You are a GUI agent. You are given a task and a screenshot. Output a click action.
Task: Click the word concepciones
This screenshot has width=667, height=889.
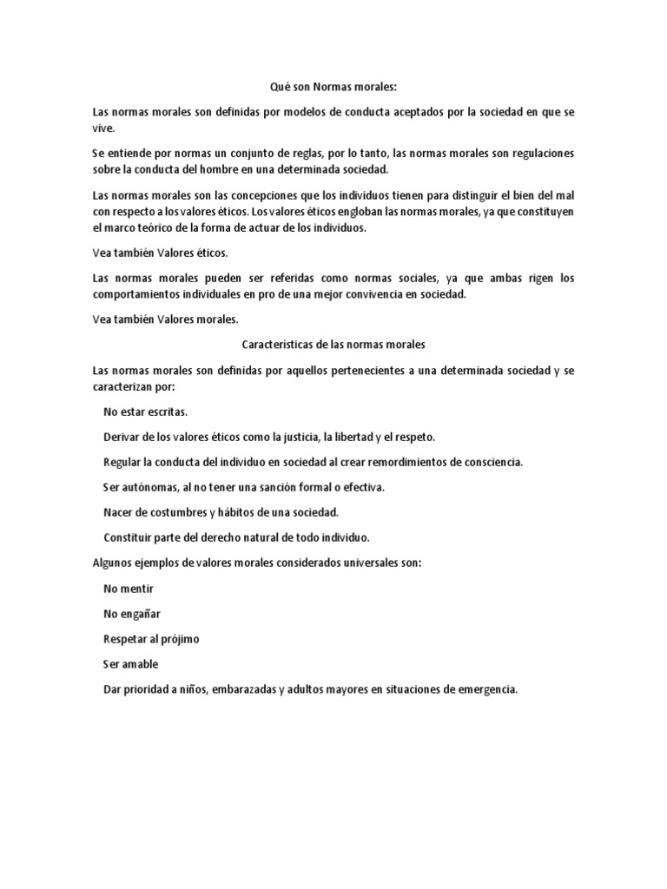tap(253, 194)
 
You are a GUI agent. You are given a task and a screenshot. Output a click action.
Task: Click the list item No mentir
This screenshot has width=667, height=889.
tap(128, 588)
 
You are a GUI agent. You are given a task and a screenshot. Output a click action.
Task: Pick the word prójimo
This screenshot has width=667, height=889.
tap(179, 639)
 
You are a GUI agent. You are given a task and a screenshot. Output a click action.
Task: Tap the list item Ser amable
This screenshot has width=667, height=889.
tap(130, 664)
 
